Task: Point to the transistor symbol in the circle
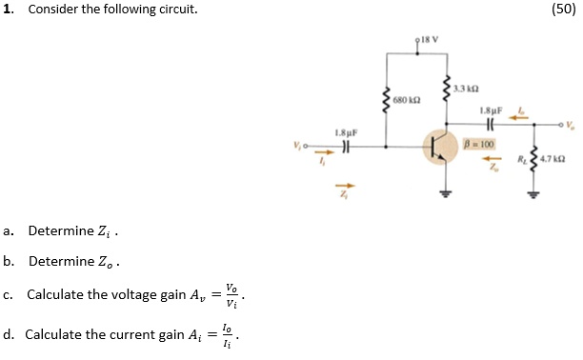point(440,149)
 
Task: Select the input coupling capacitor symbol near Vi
point(348,148)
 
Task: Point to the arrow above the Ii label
point(325,150)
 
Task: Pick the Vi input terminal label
point(298,146)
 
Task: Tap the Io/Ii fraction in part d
point(225,334)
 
